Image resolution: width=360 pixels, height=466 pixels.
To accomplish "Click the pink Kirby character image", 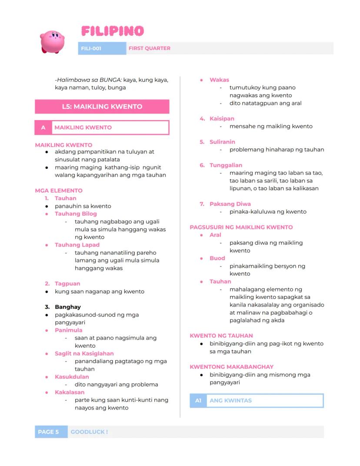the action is (x=52, y=42).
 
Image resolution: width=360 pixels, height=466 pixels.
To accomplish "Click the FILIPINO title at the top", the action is (x=112, y=31).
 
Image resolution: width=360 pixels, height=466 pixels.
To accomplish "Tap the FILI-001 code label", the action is (x=91, y=48).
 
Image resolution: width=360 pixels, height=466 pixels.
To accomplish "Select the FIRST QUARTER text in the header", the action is (x=149, y=48).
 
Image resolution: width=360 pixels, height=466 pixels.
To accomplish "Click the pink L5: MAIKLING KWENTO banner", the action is (x=102, y=106).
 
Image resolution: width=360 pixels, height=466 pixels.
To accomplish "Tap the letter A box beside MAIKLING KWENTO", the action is (x=43, y=127).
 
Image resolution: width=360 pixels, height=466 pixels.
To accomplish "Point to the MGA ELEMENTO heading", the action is (x=59, y=191).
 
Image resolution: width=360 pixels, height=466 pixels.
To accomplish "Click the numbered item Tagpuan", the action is (x=67, y=284).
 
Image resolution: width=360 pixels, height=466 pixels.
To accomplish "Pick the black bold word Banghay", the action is (x=68, y=307).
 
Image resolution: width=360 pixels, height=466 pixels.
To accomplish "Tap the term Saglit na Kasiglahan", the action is (x=84, y=353).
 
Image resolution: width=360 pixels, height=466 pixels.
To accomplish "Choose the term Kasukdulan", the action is (x=72, y=377).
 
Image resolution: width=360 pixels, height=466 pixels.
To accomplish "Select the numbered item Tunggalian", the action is (x=226, y=165).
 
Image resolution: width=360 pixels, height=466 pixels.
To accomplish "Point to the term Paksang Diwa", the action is (x=230, y=204).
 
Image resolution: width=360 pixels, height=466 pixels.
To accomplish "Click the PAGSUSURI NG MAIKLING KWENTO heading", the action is (x=241, y=227).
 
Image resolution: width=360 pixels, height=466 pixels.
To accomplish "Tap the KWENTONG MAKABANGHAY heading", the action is (x=232, y=367).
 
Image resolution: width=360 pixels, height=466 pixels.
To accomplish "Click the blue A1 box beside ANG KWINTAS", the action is (x=198, y=401).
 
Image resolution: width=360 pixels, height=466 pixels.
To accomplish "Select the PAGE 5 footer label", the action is (x=48, y=432).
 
